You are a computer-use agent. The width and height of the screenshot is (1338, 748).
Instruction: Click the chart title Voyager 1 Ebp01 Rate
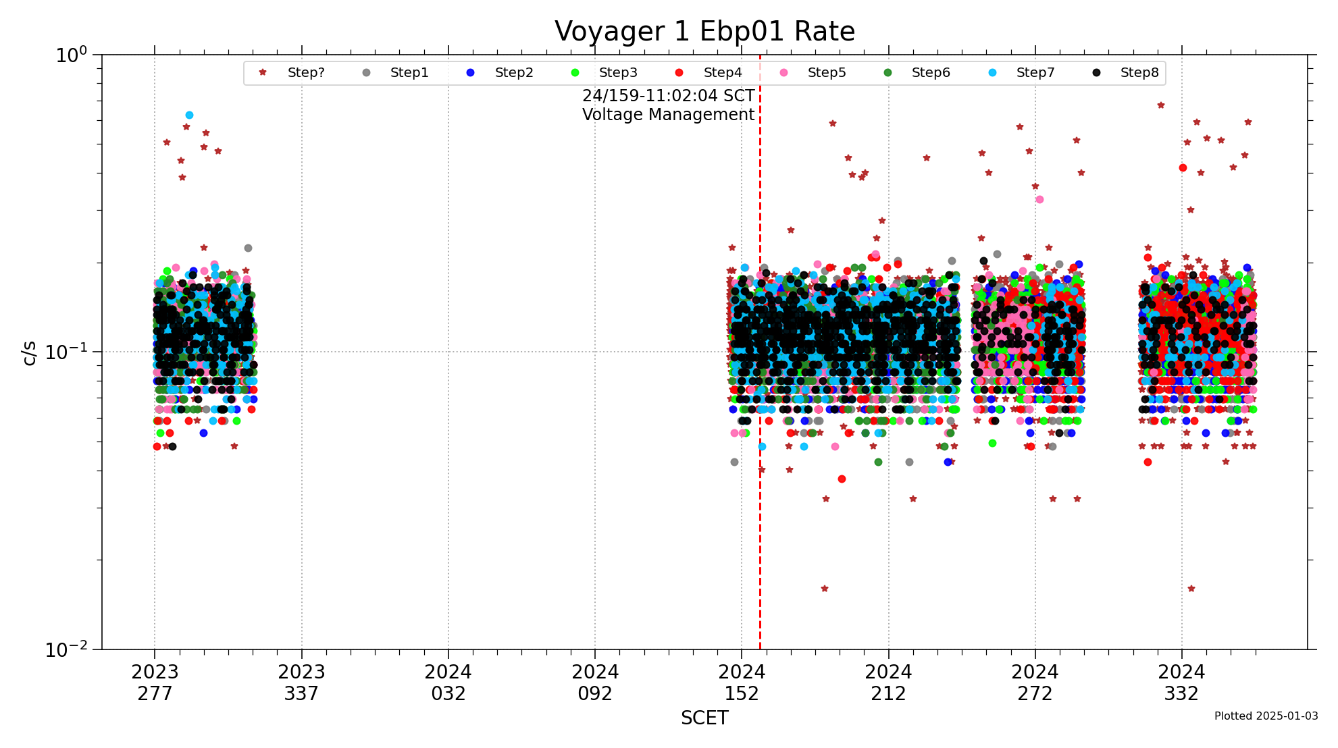[x=704, y=32]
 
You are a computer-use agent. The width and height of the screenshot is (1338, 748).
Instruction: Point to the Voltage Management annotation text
[x=668, y=115]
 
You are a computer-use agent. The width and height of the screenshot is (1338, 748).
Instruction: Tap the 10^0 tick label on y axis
[x=71, y=55]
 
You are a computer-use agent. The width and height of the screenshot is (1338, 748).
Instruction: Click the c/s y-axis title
[x=29, y=352]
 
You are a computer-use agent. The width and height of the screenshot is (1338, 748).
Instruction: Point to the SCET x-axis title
[x=704, y=718]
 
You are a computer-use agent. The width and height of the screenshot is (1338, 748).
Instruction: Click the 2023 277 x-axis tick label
[x=155, y=683]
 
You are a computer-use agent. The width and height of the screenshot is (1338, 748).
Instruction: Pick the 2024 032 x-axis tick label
[x=448, y=683]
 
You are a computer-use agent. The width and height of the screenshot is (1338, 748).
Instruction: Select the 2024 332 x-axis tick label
[x=1181, y=683]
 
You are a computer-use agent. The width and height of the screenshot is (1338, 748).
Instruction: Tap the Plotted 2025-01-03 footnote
[x=1266, y=716]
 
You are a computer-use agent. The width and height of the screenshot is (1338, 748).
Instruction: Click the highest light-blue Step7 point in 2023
[x=189, y=115]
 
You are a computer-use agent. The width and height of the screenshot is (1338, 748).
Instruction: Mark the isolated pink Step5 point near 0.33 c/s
[x=1039, y=199]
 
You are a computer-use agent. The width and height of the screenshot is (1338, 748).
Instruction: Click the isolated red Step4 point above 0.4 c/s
[x=1183, y=167]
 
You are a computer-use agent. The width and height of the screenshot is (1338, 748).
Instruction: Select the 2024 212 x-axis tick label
[x=888, y=683]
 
